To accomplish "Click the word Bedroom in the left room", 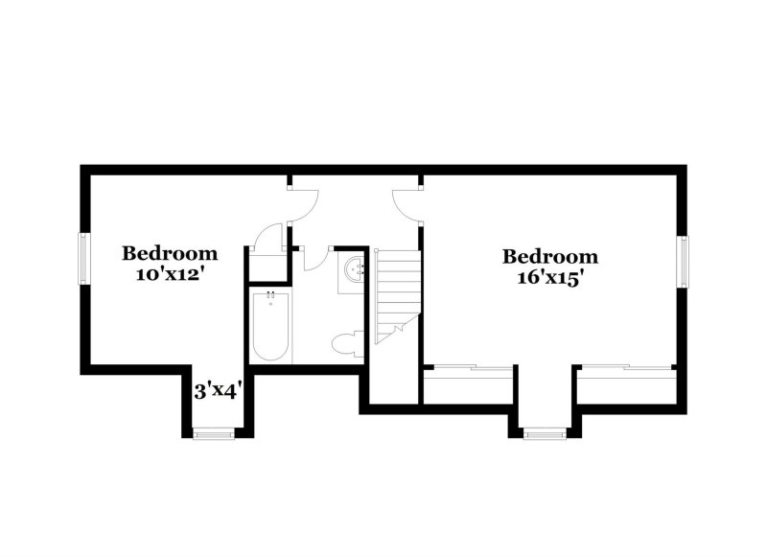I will click(170, 254).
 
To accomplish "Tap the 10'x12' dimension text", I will click(170, 273).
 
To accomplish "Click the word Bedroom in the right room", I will click(550, 257).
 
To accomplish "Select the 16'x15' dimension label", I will click(550, 277).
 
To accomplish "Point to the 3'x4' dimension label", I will click(218, 391).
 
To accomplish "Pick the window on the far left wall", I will click(83, 258).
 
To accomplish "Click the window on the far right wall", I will click(683, 262).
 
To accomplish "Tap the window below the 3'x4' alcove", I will click(214, 434).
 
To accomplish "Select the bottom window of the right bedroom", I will click(545, 433).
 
